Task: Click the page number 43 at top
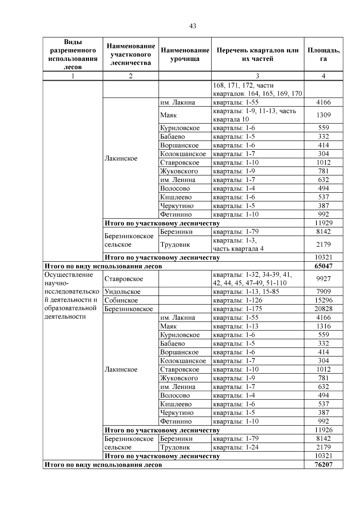coord(193,26)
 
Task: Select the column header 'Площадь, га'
coord(323,54)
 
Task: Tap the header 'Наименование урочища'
coord(185,54)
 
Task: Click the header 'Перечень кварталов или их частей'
coord(257,54)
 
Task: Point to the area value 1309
coord(323,115)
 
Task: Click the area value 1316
coord(323,326)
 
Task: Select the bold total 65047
coord(323,266)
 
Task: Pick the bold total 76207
coord(323,465)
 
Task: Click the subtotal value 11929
coord(323,223)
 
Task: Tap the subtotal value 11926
coord(323,430)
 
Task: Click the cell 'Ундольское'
coord(122,292)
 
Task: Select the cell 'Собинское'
coord(121,301)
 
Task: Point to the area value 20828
coord(323,309)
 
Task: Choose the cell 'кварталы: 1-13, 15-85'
coord(246,292)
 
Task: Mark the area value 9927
coord(323,279)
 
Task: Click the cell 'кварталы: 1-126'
coord(237,301)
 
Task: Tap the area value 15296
coord(323,301)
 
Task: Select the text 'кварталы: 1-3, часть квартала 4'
coord(238,245)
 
